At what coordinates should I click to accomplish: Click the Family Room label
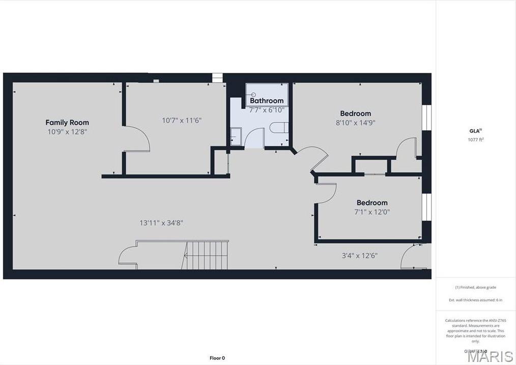(67, 123)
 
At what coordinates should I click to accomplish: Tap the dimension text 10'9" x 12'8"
(67, 132)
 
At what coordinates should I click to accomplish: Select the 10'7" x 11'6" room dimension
(182, 120)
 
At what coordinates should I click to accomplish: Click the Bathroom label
(267, 101)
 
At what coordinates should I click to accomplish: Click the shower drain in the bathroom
(253, 95)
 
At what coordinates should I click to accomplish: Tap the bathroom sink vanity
(236, 137)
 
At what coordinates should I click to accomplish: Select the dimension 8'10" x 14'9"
(355, 123)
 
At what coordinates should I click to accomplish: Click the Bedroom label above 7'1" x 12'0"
(371, 202)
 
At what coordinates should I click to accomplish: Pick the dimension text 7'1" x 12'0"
(371, 212)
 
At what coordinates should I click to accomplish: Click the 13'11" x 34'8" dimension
(161, 223)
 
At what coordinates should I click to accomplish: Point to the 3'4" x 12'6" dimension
(359, 256)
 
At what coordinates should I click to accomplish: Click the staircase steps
(206, 255)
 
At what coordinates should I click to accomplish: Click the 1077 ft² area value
(475, 140)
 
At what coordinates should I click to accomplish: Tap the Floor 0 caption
(217, 358)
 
